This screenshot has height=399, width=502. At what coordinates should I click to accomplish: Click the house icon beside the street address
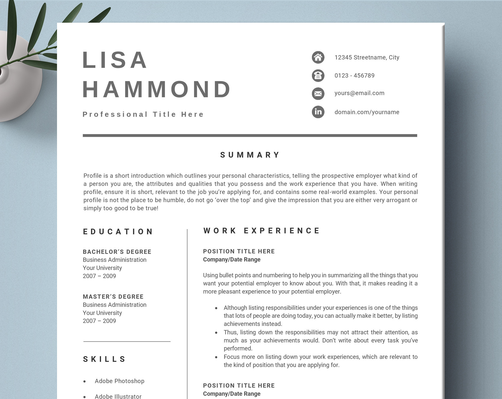point(318,57)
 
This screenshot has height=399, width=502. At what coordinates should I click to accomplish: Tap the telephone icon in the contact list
point(318,76)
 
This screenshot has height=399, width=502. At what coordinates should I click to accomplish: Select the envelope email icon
point(318,94)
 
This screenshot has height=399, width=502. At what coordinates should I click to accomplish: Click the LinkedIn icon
point(318,112)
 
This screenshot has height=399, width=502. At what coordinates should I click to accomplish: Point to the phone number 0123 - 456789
point(354,76)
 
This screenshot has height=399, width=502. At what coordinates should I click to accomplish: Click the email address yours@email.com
point(359,93)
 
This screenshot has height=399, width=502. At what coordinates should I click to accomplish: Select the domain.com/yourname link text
point(367,112)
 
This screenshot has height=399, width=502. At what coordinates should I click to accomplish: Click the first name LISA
point(115,60)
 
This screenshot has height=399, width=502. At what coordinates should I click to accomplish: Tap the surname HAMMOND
point(157,89)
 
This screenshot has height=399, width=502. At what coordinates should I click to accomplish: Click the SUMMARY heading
point(250,155)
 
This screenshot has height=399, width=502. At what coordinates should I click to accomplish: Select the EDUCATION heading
point(118,232)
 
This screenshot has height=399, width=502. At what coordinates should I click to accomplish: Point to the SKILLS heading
point(105,359)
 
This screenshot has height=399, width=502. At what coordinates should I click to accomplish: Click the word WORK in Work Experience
point(220,231)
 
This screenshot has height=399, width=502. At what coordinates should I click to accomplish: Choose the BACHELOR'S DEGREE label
point(117,252)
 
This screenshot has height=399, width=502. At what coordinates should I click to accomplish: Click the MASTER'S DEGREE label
point(113,297)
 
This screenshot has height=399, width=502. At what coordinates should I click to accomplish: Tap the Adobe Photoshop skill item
point(119,381)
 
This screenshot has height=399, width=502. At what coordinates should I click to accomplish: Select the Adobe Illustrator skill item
point(118,396)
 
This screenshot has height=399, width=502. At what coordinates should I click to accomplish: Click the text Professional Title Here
point(143,114)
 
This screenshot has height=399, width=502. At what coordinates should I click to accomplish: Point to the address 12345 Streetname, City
point(367,57)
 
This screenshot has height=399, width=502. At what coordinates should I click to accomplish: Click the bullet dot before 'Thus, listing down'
point(216,333)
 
